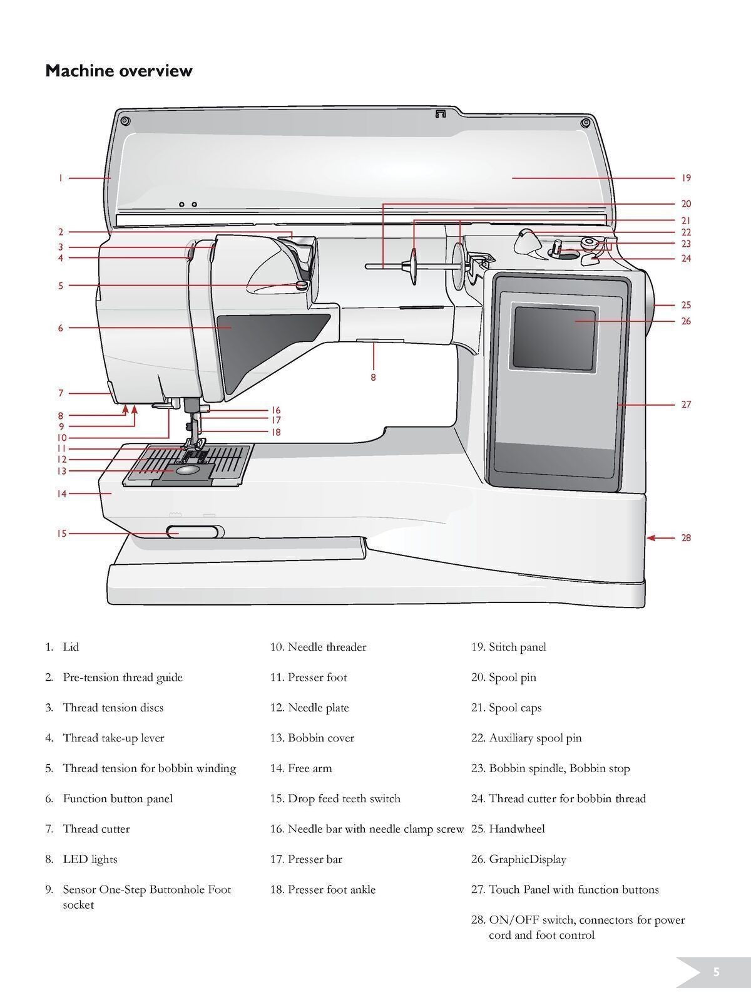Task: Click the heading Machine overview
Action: click(x=119, y=71)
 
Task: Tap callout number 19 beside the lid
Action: click(x=686, y=178)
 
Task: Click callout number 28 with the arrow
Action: click(x=686, y=538)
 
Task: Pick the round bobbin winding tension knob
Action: click(x=302, y=285)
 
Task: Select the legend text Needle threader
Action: click(x=327, y=647)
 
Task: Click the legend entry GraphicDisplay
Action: click(x=527, y=859)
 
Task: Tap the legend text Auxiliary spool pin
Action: click(x=534, y=738)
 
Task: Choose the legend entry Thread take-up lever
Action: click(x=113, y=738)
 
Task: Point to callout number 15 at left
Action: click(x=61, y=534)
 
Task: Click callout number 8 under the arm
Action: click(x=373, y=378)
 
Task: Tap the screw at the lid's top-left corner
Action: click(x=124, y=120)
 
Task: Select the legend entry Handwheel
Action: click(x=516, y=829)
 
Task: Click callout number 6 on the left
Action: click(x=61, y=328)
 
